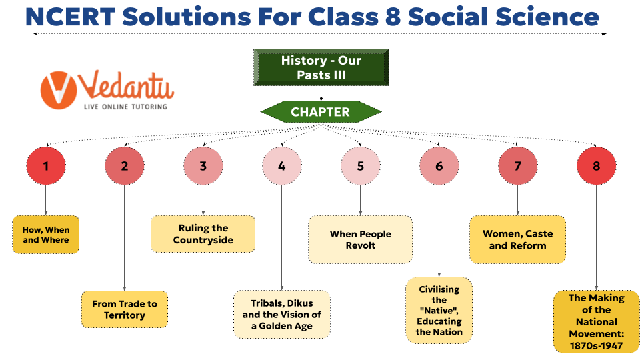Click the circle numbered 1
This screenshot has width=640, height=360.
(x=46, y=166)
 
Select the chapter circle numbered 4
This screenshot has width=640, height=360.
(x=281, y=166)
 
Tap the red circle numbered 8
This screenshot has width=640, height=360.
(x=596, y=166)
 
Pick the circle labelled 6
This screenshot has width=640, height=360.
(x=439, y=166)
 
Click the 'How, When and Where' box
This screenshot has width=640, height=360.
(x=46, y=235)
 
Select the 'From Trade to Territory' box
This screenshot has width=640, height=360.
(x=125, y=309)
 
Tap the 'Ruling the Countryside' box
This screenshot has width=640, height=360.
(x=203, y=234)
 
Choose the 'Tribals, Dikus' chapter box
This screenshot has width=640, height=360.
(x=281, y=314)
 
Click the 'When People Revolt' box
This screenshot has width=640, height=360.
(x=361, y=239)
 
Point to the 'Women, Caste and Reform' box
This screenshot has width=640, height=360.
(x=517, y=239)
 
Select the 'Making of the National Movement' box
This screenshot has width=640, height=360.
(x=596, y=321)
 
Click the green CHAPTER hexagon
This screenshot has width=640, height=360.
(x=321, y=112)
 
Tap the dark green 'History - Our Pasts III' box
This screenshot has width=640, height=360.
(x=321, y=67)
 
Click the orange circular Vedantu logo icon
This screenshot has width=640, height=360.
(x=59, y=90)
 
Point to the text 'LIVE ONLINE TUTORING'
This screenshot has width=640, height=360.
(x=125, y=107)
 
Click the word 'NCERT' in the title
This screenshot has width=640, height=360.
(x=71, y=17)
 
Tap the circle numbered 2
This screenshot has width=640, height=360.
(x=125, y=166)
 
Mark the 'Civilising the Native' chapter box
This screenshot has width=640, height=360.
(x=439, y=310)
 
